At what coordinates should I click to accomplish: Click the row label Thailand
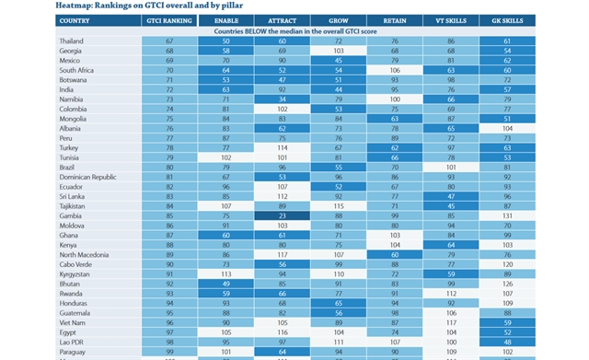click(x=75, y=41)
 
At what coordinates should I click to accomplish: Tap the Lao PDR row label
click(x=75, y=342)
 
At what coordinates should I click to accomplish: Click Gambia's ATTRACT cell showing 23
click(x=283, y=215)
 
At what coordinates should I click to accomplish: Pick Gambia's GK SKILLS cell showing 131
click(x=507, y=215)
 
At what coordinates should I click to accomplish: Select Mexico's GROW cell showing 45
click(x=339, y=61)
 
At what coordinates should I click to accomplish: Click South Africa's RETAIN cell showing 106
click(x=395, y=70)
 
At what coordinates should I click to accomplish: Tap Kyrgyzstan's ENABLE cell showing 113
click(x=226, y=274)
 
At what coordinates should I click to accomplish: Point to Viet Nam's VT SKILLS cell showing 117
click(x=451, y=322)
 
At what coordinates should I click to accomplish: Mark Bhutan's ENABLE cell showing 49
click(x=226, y=284)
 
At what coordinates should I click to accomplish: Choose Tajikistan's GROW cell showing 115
click(x=339, y=205)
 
